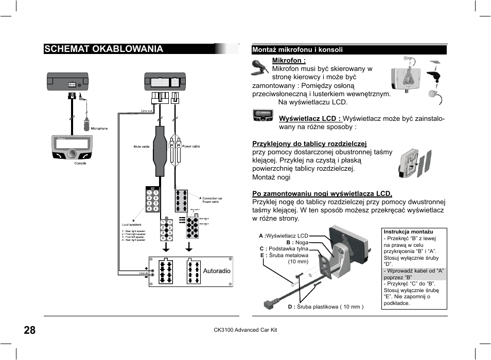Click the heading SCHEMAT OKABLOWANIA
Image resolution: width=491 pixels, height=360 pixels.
[103, 49]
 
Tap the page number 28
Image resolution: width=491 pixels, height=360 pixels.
[29, 330]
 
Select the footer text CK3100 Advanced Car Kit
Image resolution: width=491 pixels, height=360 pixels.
[245, 330]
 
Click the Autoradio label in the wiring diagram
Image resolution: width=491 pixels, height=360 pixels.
[217, 271]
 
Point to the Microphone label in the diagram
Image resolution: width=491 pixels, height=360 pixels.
[99, 129]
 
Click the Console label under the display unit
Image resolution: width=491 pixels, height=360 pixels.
[80, 163]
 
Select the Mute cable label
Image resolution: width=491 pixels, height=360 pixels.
[142, 147]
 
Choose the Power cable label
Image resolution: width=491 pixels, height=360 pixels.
[190, 147]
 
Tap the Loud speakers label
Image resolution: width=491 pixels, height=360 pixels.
[131, 225]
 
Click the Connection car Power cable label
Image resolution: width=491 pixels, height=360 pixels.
[212, 200]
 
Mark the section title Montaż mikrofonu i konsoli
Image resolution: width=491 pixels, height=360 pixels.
[297, 50]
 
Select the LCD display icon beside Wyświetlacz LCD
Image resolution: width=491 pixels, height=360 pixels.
[262, 115]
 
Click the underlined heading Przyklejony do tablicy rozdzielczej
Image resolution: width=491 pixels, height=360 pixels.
[309, 143]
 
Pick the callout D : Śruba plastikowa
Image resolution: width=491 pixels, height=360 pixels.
[325, 307]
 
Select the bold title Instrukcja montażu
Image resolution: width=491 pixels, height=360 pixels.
[408, 232]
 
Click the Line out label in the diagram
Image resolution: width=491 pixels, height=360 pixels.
[147, 111]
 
